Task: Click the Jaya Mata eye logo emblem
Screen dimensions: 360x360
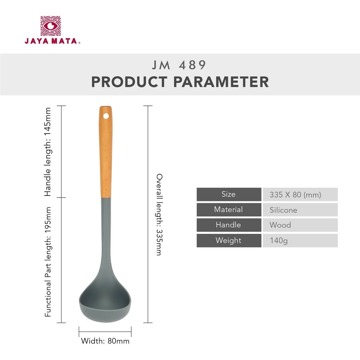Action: click(51, 26)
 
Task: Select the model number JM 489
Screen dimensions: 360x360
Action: click(179, 65)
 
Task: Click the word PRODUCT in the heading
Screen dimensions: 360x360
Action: click(129, 82)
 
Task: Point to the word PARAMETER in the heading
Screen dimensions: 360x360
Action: click(221, 82)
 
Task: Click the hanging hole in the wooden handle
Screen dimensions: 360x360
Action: click(106, 116)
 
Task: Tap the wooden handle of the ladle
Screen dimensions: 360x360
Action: click(105, 152)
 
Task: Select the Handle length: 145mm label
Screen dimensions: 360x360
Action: click(47, 152)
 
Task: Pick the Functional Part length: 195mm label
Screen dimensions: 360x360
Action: click(47, 262)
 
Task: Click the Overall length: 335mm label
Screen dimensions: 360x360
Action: click(159, 215)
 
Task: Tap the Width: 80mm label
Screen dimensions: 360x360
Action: click(105, 341)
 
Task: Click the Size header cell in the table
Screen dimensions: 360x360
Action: click(229, 194)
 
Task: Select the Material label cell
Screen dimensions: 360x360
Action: click(229, 210)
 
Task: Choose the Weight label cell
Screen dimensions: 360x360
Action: click(229, 240)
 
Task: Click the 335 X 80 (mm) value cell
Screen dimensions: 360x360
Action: click(300, 194)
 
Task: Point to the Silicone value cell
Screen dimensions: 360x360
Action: click(300, 210)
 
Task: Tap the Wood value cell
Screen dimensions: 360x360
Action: click(300, 225)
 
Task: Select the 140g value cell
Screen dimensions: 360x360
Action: click(300, 240)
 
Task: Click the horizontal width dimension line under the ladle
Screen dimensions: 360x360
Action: click(105, 331)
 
